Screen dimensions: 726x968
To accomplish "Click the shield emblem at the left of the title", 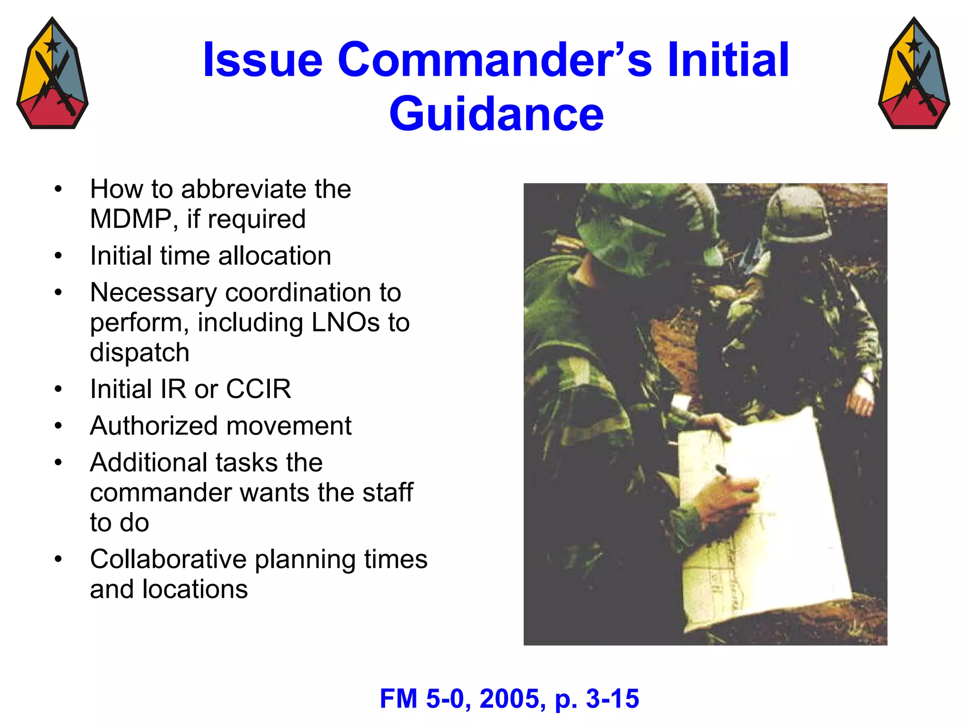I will pos(52,74).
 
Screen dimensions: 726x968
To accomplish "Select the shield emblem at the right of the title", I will pos(914,74).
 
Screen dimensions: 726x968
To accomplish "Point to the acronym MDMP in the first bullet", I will pos(131,219).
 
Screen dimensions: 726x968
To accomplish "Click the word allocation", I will pos(275,256).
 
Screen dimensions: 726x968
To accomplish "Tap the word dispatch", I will pos(139,353).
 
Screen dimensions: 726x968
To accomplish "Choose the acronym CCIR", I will pos(258,389).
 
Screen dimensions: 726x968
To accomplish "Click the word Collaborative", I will pos(168,560).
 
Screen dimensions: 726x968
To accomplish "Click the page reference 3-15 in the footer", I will pos(613,699).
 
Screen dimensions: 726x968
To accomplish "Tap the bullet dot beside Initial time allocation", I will pos(58,256).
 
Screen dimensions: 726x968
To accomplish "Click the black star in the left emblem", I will pos(52,46).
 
